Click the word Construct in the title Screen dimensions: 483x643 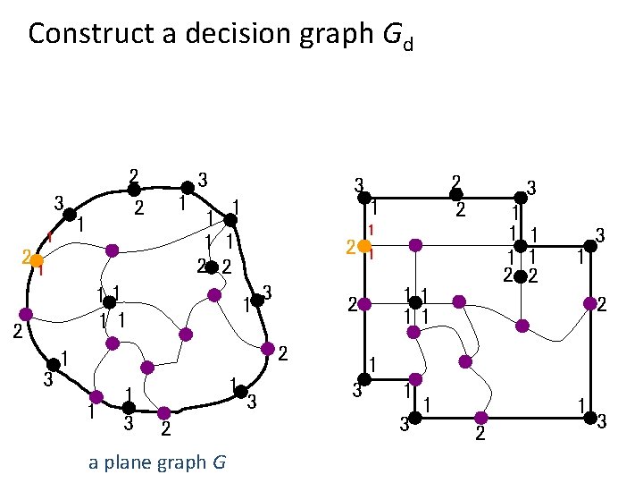coord(79,33)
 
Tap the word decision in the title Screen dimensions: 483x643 coord(205,33)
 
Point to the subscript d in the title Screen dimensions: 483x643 coord(407,43)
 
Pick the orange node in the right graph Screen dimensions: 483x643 coord(364,246)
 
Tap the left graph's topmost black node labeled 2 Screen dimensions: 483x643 coord(133,189)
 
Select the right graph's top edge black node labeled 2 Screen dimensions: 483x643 coord(455,194)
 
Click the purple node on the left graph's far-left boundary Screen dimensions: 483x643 coord(26,315)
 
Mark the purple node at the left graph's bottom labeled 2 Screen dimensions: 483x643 coord(164,413)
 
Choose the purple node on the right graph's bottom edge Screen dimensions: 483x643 coord(480,419)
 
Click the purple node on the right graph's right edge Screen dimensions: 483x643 coord(589,305)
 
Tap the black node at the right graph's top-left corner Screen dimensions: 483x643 coord(363,194)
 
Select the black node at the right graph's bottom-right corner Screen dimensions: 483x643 coord(589,419)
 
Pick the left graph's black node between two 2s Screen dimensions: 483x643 coord(213,266)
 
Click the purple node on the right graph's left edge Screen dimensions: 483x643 coord(364,304)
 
